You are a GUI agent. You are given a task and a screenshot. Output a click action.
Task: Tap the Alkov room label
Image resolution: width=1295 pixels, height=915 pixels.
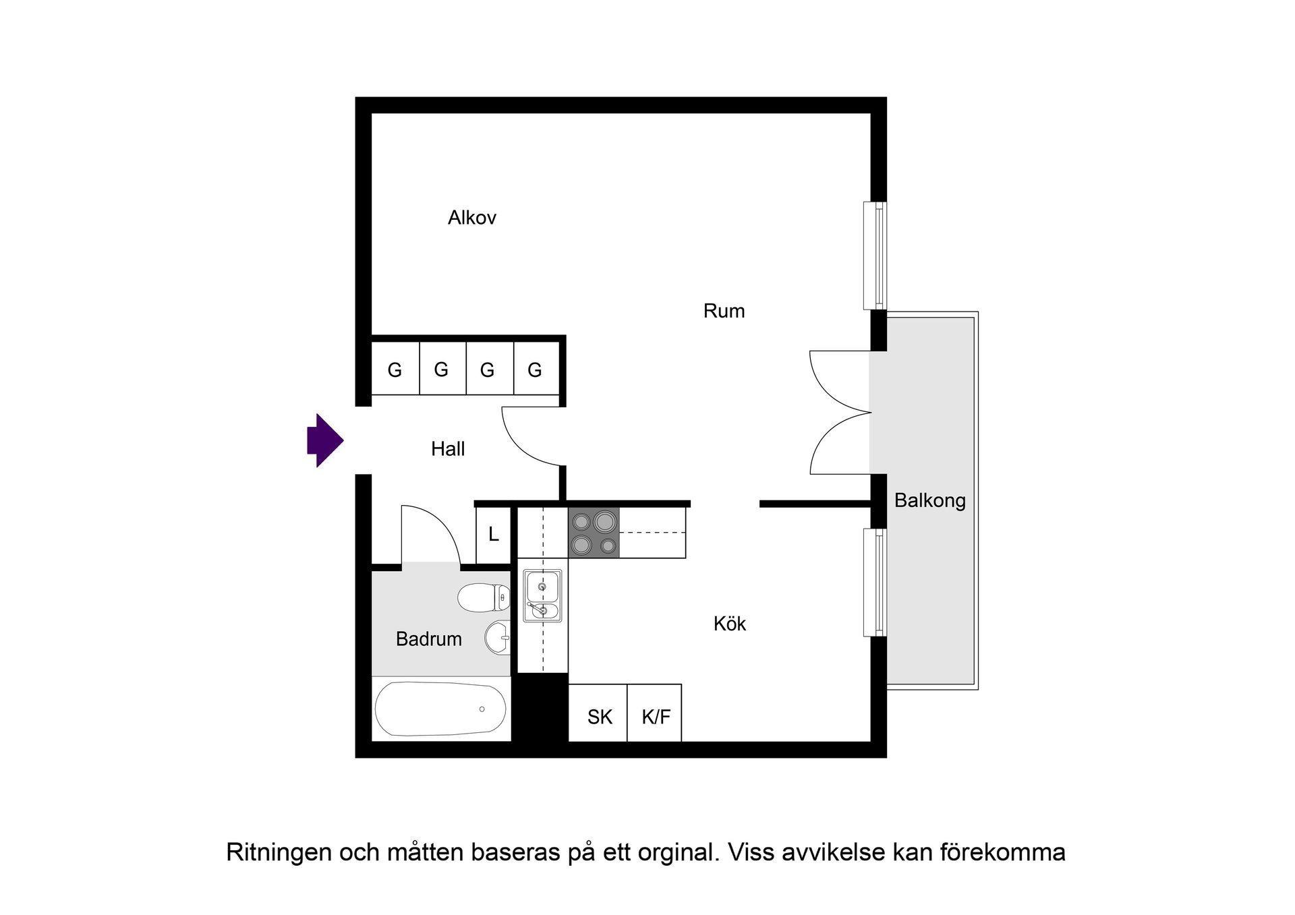pos(472,218)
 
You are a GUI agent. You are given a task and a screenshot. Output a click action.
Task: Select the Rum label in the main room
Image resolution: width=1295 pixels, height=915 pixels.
pos(724,311)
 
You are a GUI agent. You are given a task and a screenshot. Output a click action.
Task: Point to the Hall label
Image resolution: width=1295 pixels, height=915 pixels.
pos(448,449)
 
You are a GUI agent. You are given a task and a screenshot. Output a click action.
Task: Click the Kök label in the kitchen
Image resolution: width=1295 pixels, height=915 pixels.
pos(729,624)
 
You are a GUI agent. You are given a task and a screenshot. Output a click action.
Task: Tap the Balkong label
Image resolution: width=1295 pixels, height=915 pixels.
pos(929,500)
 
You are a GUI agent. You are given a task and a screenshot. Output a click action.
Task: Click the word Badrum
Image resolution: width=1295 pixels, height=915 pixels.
pos(428,639)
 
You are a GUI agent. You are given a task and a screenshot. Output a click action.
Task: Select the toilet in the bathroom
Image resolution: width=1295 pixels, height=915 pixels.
pos(484,597)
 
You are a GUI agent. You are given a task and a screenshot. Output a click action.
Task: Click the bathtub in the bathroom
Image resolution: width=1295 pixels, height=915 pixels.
pos(440,709)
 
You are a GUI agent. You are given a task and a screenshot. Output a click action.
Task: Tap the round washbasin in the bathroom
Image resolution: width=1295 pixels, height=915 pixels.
pos(497,637)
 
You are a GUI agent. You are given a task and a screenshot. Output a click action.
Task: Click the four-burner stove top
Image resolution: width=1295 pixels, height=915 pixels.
pos(594,532)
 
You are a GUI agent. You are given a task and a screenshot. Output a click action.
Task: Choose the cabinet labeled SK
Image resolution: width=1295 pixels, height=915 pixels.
pos(599,716)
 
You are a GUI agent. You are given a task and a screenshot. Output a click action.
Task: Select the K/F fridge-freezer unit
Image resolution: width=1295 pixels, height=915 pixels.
pos(655,716)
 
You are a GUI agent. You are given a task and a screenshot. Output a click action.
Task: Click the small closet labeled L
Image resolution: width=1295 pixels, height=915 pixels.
pos(493,535)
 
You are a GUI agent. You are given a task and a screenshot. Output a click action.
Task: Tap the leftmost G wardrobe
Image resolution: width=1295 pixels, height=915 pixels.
pos(395,370)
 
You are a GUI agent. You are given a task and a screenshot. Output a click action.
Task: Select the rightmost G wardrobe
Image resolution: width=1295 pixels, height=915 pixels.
pos(535,370)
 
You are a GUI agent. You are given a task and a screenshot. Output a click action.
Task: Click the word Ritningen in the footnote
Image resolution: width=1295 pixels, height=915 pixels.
pos(278,852)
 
